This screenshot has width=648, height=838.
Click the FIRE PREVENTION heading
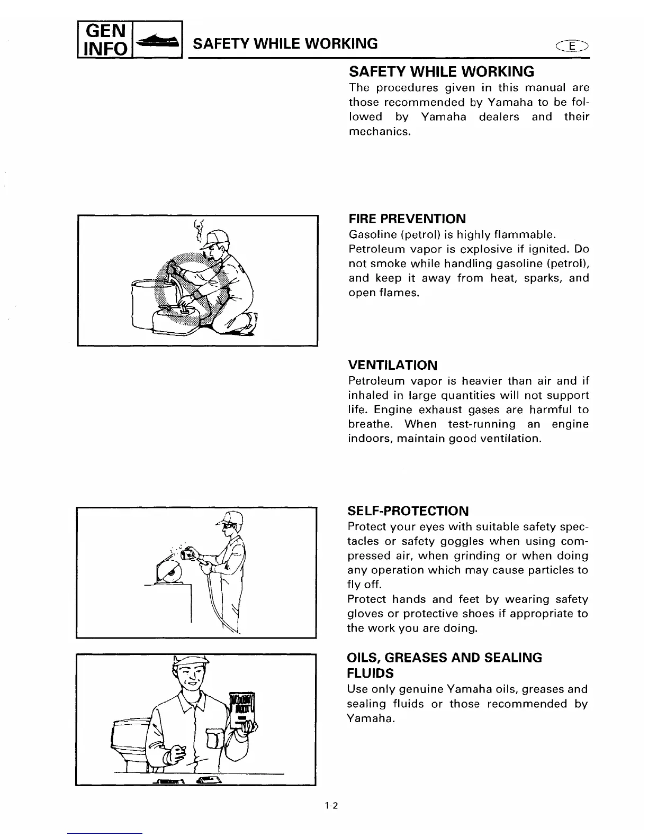[x=407, y=219]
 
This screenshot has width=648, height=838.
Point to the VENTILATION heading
[x=392, y=365]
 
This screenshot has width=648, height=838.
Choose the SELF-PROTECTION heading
[x=408, y=511]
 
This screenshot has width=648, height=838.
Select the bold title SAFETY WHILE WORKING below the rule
[x=441, y=71]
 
